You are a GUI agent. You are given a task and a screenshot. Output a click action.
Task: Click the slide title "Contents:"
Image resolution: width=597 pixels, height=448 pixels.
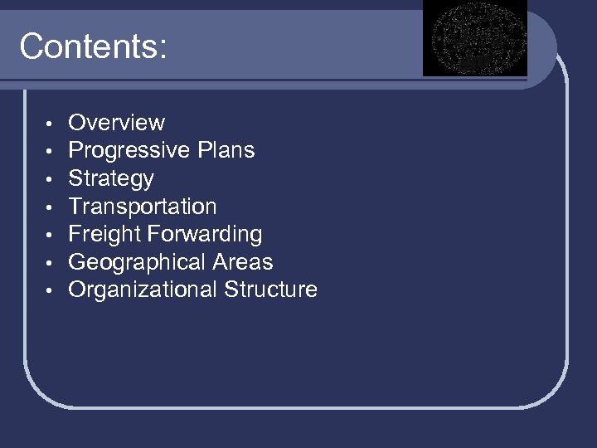(93, 46)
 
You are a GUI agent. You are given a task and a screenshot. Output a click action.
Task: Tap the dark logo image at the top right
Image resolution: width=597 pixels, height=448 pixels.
(474, 38)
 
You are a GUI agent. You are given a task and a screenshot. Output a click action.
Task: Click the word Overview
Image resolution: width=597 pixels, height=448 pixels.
(116, 123)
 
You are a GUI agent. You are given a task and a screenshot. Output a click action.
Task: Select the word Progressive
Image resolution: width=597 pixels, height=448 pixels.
(129, 151)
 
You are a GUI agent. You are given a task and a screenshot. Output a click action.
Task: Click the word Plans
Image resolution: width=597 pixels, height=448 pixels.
(226, 150)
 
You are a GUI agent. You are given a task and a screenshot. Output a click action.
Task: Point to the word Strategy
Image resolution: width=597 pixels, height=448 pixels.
(111, 178)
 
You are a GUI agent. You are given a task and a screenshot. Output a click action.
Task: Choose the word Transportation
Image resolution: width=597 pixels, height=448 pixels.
(142, 207)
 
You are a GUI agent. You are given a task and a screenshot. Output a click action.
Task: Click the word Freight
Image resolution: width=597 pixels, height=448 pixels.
(102, 234)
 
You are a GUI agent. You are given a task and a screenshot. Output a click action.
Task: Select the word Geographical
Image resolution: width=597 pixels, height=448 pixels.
(136, 262)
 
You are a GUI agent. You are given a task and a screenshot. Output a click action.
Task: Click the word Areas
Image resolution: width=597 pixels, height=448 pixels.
(243, 262)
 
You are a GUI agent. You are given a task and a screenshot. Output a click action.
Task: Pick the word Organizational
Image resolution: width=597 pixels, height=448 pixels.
(143, 290)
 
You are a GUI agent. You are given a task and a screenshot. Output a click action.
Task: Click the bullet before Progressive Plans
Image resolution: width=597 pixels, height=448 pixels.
(50, 153)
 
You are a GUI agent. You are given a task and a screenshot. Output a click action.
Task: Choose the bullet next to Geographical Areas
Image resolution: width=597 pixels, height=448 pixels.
(50, 264)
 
